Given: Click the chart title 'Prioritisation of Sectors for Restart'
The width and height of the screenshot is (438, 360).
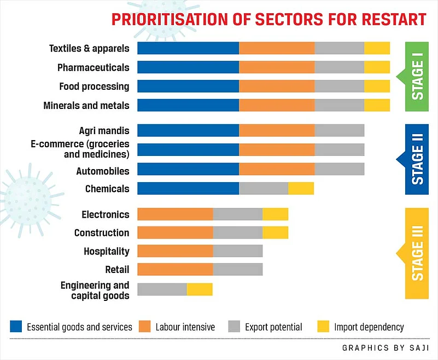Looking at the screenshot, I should [268, 20].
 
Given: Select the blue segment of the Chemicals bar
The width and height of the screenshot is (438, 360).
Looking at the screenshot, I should [188, 189].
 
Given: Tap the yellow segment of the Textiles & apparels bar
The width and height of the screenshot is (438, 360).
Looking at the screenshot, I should [377, 48].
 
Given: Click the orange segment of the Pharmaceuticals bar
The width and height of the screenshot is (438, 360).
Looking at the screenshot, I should [277, 67].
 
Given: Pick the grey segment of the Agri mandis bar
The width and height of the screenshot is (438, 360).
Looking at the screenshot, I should [339, 130].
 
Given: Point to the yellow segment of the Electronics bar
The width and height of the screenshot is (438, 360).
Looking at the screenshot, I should [275, 214].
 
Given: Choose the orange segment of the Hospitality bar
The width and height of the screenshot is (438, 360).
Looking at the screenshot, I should [175, 251].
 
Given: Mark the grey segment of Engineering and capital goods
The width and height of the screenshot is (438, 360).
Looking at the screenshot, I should [162, 289].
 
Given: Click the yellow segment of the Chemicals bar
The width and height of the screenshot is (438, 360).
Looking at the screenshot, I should [301, 189].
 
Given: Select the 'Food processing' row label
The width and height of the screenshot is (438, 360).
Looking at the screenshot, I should [94, 86].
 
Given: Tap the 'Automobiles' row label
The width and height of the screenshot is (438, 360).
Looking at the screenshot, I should [103, 171].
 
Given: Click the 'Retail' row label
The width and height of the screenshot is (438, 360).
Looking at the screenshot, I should [117, 269].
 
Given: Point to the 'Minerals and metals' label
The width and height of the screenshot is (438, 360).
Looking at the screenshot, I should [86, 105].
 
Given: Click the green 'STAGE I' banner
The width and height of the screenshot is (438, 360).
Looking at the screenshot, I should [417, 77].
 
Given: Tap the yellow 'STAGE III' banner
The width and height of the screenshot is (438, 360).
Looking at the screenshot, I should [417, 253].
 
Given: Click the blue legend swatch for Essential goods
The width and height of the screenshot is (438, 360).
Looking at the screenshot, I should [16, 327].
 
